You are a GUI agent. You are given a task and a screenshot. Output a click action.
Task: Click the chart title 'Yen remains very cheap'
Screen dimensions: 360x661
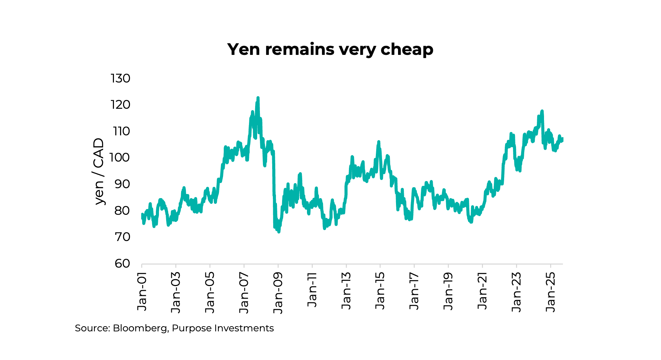[x=330, y=49]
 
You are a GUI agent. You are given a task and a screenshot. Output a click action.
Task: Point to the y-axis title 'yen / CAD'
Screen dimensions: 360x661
[x=99, y=171]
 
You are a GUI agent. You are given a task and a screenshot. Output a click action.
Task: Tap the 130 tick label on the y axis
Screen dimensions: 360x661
[x=120, y=78]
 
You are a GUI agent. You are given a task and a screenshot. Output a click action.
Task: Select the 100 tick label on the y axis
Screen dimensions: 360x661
[x=120, y=157]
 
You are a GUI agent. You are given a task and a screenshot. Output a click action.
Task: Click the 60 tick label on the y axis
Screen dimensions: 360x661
[x=122, y=264]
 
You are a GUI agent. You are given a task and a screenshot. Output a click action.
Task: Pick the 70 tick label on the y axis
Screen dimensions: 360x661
[x=122, y=237]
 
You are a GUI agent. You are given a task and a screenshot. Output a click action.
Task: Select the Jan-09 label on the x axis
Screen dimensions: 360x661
[x=278, y=293]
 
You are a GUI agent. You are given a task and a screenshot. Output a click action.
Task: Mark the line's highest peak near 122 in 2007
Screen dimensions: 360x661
[x=258, y=98]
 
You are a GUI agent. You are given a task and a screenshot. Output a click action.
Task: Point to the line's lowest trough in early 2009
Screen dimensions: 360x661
[x=279, y=232]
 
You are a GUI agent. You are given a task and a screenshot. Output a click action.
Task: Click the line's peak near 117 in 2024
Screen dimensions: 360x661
[x=542, y=111]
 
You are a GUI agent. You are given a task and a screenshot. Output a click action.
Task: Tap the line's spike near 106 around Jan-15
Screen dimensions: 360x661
[x=379, y=142]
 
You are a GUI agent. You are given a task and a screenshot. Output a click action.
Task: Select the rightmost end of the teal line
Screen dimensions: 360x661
[x=562, y=139]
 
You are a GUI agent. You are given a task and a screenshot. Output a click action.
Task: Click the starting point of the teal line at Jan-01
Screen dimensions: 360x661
[x=142, y=215]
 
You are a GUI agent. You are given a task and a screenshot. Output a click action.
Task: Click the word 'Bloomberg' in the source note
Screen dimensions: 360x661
[x=140, y=328]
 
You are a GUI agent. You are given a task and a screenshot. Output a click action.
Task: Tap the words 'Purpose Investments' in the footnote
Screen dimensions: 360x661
[x=223, y=328]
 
